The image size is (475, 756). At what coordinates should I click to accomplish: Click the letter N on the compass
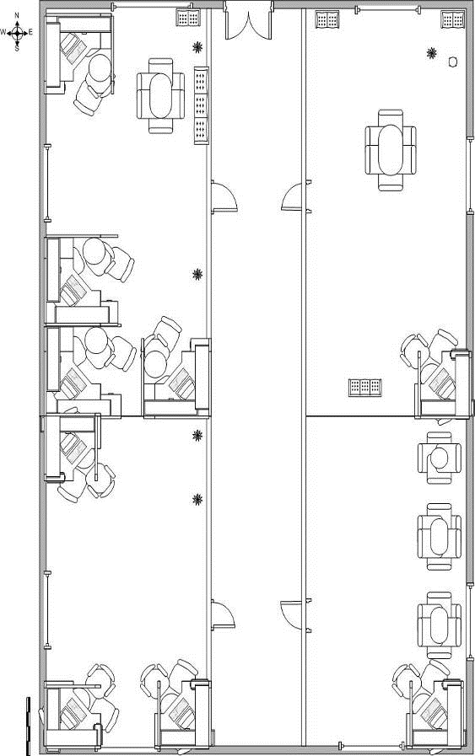click(17, 16)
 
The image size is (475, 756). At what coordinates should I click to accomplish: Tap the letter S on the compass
click(17, 49)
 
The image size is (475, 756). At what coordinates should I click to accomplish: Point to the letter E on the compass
click(30, 32)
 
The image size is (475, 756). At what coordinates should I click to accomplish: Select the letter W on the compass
click(3, 32)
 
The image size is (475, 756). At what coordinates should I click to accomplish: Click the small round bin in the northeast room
click(453, 62)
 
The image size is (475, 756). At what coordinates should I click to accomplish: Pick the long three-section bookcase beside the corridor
click(202, 105)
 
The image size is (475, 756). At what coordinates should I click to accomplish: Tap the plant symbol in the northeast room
click(432, 52)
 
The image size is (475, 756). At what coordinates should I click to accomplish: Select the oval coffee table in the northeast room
click(390, 150)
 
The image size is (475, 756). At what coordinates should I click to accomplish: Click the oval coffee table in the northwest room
click(161, 95)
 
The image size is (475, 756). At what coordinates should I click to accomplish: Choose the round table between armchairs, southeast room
click(440, 458)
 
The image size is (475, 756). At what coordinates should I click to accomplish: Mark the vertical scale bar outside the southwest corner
click(28, 727)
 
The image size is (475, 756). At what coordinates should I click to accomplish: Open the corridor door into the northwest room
click(224, 196)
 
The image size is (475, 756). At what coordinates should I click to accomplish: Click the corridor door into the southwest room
click(223, 615)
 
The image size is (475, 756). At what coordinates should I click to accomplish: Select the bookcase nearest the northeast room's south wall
click(365, 388)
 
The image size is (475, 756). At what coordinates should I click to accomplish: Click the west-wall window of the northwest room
click(47, 183)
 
